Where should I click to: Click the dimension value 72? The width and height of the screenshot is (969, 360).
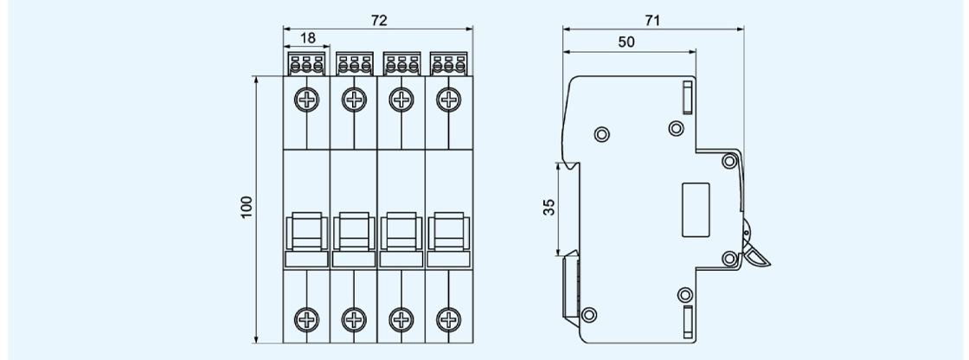coord(379,21)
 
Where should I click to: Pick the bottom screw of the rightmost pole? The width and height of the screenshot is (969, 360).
coord(448,318)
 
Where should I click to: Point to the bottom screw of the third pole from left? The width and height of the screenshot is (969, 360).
coord(401,318)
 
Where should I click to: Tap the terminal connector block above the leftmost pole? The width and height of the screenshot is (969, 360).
coord(307,63)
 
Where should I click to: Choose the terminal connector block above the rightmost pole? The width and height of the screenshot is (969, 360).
coord(448,63)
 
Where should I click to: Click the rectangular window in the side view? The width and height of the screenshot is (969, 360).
coord(696,209)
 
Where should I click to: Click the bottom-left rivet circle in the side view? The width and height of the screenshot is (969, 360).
coord(590,313)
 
